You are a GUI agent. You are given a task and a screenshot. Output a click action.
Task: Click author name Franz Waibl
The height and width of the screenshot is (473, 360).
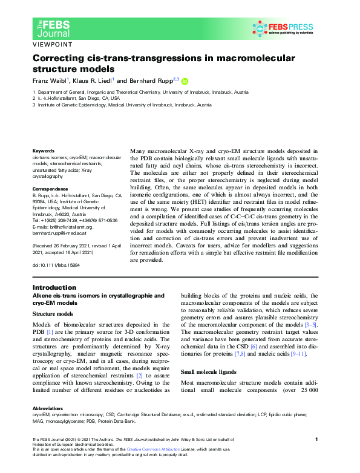click(50, 80)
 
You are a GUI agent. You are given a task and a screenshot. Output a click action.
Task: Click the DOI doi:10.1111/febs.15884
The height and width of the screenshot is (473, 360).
click(56, 265)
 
